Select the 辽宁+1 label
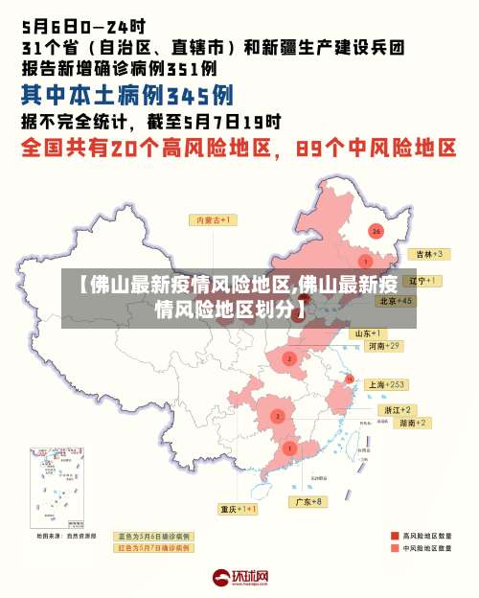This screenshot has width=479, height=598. [422, 281]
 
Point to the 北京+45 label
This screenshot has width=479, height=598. [396, 300]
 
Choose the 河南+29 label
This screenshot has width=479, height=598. [383, 345]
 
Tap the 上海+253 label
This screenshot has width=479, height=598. [387, 384]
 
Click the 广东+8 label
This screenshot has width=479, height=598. [308, 501]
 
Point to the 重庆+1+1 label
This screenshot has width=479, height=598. [238, 509]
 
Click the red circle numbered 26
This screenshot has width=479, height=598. [376, 231]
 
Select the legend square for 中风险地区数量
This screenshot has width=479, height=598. [394, 548]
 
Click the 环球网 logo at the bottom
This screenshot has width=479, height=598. [240, 577]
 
